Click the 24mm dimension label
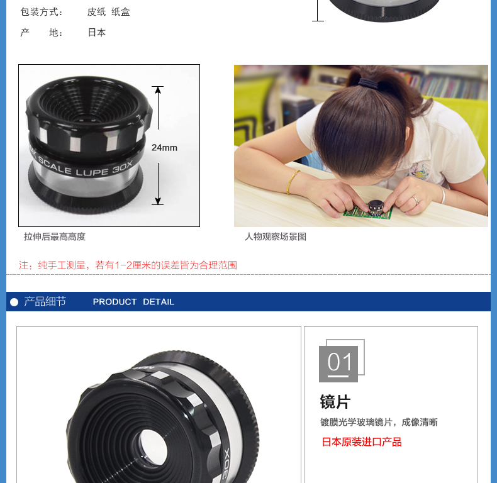point(164,148)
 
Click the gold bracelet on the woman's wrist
point(292,182)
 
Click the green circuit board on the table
point(367,211)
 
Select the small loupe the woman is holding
point(376,207)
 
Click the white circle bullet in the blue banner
point(14,302)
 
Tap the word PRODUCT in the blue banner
point(114,302)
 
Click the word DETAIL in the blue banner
point(159,302)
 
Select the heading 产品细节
point(45,301)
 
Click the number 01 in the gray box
point(340,362)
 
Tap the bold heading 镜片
point(335,402)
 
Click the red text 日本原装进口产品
point(362,441)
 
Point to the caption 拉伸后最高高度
point(55,236)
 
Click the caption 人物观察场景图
point(276,236)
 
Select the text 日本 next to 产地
point(97,32)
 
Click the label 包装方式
point(41,12)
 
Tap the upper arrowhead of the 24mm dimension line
point(158,90)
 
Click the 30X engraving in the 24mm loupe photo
point(122,167)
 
